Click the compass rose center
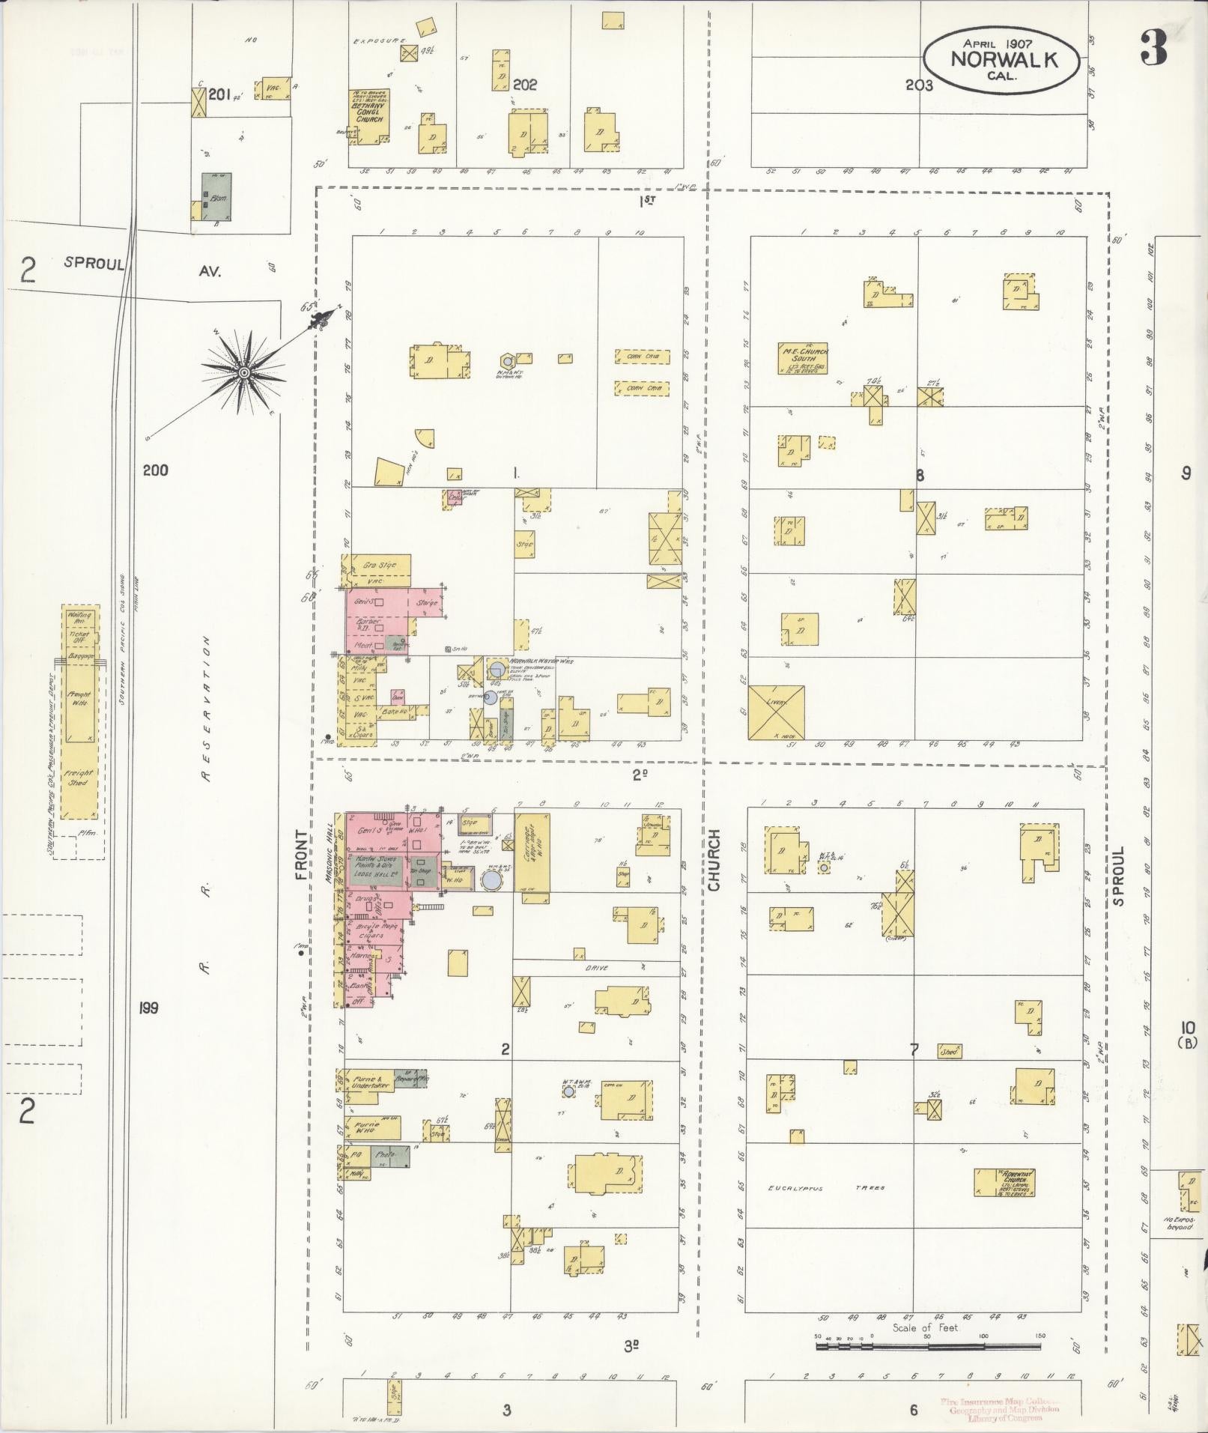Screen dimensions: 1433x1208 (243, 372)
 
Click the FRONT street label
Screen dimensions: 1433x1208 (301, 854)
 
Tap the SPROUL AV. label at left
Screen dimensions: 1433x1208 (142, 267)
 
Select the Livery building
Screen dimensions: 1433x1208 (777, 712)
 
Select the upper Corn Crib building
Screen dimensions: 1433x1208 (642, 357)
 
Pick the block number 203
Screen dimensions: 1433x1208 (919, 85)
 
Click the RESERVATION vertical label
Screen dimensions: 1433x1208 (207, 709)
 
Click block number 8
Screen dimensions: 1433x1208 (920, 475)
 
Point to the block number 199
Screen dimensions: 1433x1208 (148, 1008)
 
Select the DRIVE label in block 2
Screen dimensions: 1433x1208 (597, 968)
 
